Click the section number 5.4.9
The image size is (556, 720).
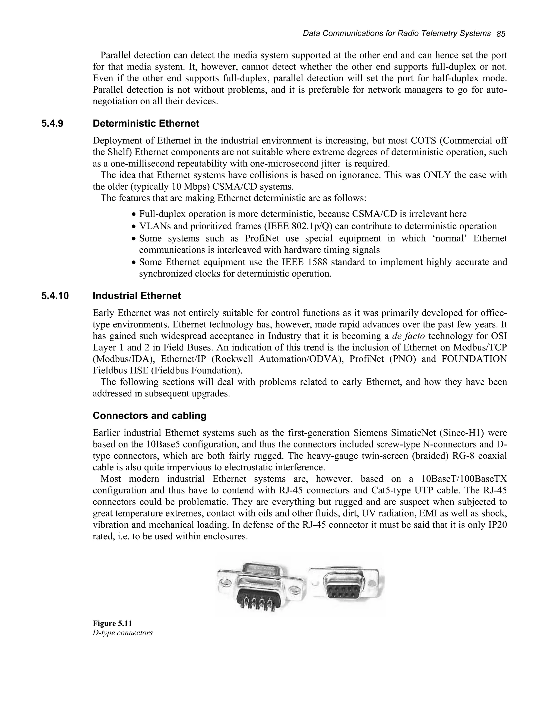point(52,124)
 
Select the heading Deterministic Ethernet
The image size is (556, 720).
point(146,124)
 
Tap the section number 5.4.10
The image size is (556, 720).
point(55,296)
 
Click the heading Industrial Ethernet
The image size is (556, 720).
point(137,296)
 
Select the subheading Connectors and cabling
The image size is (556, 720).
point(150,416)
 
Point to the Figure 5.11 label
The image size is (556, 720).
point(112,623)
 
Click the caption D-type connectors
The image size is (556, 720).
point(122,633)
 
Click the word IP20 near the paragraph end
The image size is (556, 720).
point(497,525)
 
